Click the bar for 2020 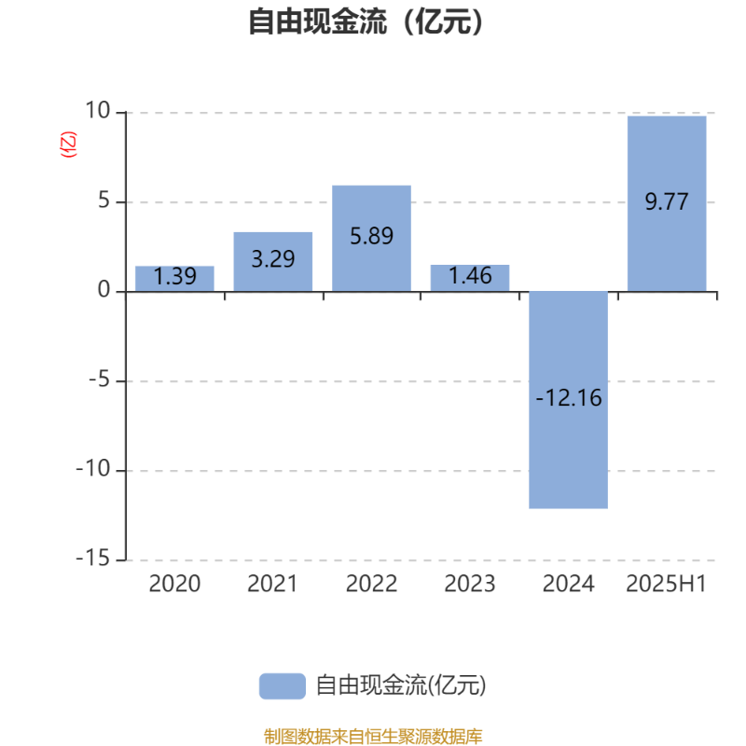pos(174,278)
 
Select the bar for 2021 pos(273,262)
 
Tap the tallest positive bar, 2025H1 pos(667,203)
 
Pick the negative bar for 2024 pos(569,400)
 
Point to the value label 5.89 pos(371,236)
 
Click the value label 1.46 pos(470,276)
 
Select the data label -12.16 pos(569,398)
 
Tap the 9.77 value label pos(667,201)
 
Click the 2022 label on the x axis pos(371,584)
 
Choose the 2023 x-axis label pos(470,584)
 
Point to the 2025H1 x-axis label pos(667,584)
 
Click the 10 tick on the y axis pos(98,110)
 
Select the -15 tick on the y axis pos(93,559)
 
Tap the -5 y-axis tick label pos(100,380)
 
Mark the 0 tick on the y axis pos(104,289)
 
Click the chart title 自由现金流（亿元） pos(366,21)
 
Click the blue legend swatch pos(283,686)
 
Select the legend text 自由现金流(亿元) pos(401,685)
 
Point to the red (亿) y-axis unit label pos(68,145)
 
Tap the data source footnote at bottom pos(373,737)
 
